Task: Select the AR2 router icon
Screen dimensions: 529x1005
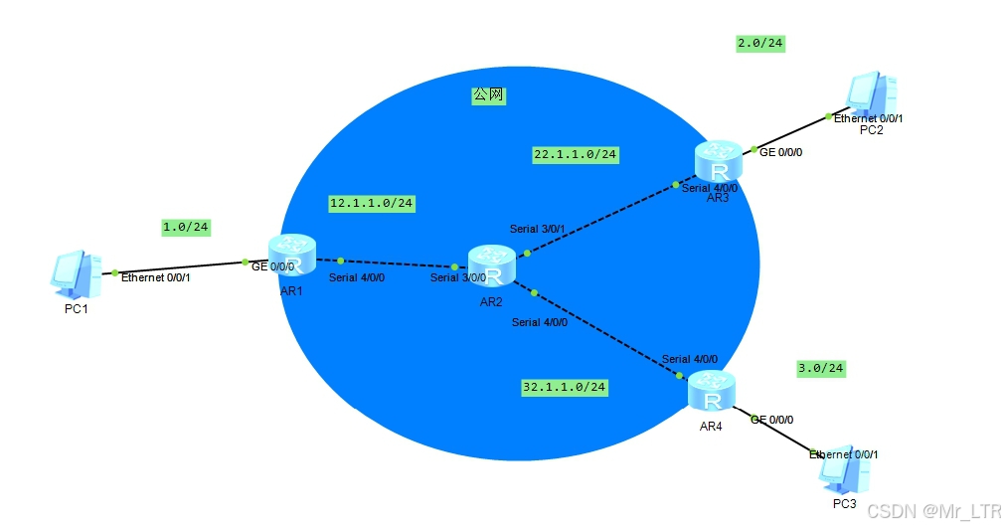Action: coord(492,264)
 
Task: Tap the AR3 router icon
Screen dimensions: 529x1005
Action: coord(718,160)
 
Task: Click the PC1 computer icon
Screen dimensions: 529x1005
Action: coord(77,275)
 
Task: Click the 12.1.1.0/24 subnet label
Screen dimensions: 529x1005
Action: coord(371,203)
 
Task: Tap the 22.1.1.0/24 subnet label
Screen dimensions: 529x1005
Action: coord(576,154)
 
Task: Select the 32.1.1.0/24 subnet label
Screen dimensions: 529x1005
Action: coord(565,386)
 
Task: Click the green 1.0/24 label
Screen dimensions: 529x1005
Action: coord(185,228)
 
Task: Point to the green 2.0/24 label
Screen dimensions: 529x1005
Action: coord(760,43)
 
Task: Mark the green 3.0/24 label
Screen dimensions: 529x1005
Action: coord(820,368)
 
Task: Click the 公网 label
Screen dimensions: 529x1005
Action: coord(488,95)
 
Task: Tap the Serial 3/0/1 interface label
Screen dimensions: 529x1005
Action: coord(537,229)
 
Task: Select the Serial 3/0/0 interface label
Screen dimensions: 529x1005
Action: coord(458,277)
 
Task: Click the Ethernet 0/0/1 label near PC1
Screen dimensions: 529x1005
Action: coord(155,277)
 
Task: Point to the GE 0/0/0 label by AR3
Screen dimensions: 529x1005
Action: coord(780,152)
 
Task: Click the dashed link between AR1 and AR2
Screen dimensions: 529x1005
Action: coord(398,263)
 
